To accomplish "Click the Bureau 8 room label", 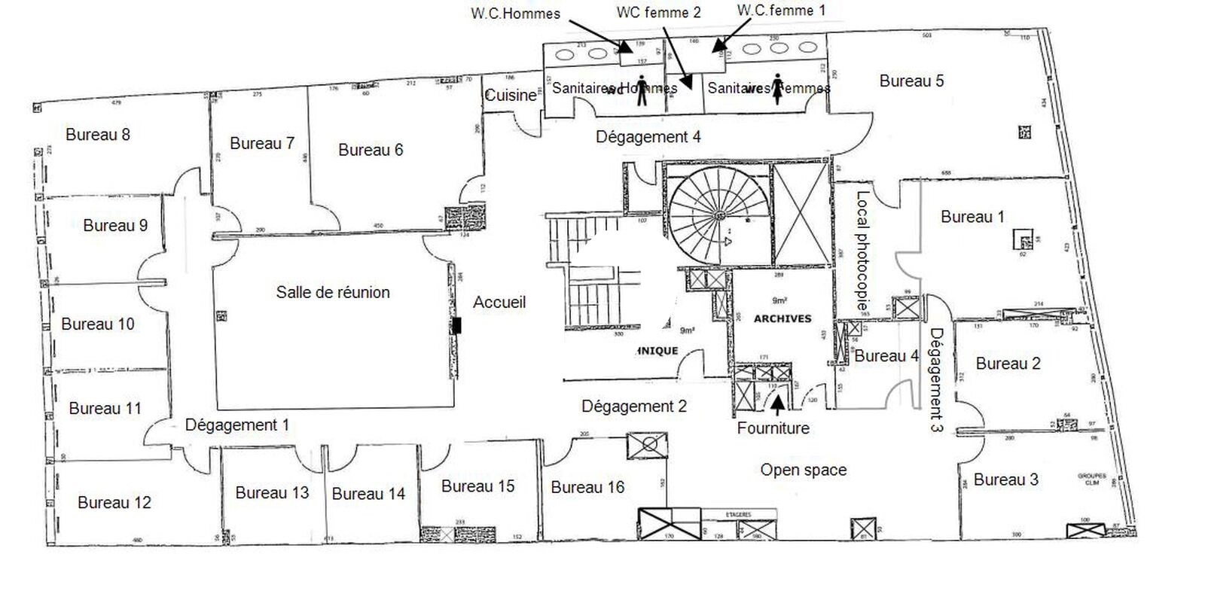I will pyautogui.click(x=98, y=135).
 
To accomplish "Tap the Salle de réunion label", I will pyautogui.click(x=333, y=292).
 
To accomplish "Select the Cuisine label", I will pyautogui.click(x=510, y=96).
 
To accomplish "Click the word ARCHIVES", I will pyautogui.click(x=782, y=319).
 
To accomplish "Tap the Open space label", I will pyautogui.click(x=803, y=470).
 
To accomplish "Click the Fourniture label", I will pyautogui.click(x=773, y=428).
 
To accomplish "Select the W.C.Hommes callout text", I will pyautogui.click(x=515, y=13).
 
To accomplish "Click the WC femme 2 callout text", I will pyautogui.click(x=658, y=12).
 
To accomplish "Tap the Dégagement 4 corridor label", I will pyautogui.click(x=648, y=137).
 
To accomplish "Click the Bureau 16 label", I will pyautogui.click(x=587, y=488).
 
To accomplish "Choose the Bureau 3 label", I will pyautogui.click(x=1005, y=480).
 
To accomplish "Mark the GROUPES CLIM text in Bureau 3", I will pyautogui.click(x=1091, y=480).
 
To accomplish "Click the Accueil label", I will pyautogui.click(x=499, y=303).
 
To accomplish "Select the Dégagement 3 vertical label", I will pyautogui.click(x=937, y=379).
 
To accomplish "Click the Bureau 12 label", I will pyautogui.click(x=114, y=503).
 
